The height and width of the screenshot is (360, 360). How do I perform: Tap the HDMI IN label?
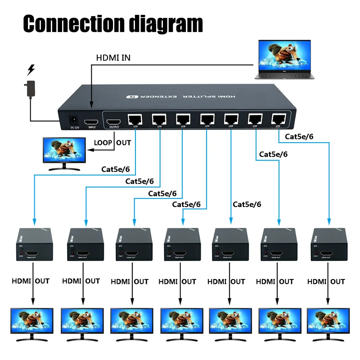[113, 58]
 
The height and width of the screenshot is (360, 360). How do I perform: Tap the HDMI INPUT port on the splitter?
[92, 121]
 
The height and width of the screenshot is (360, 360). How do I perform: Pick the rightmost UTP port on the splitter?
[277, 118]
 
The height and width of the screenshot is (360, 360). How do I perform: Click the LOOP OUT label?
[112, 143]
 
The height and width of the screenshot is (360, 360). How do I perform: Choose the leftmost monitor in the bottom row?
[31, 322]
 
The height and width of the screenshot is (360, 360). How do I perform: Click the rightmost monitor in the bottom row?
[328, 322]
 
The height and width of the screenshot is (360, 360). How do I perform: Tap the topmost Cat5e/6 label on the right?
[299, 136]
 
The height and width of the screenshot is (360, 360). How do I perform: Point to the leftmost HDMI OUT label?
[31, 281]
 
